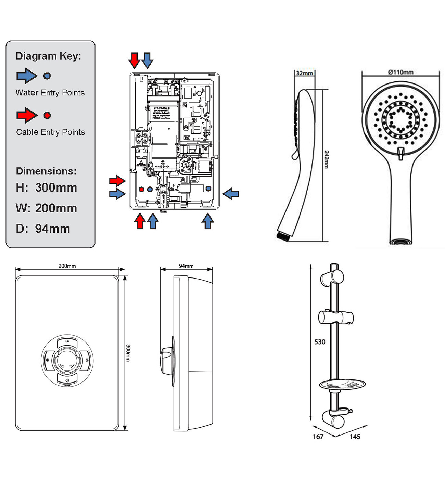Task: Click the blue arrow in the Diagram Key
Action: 27,76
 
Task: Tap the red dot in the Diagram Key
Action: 48,115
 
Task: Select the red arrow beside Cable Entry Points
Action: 27,115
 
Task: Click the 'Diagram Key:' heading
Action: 48,56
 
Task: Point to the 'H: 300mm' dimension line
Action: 46,187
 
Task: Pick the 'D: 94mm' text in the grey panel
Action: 43,229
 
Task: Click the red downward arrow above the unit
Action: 135,60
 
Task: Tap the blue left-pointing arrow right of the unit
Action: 231,194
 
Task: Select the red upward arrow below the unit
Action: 140,221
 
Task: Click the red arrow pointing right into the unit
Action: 117,181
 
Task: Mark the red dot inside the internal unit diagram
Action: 141,189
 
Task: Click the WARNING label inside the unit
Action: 162,108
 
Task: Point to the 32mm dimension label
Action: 304,73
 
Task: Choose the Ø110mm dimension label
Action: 400,72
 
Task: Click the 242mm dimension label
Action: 326,159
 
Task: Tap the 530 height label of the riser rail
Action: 320,342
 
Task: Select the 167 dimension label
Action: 318,437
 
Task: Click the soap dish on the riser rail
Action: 342,385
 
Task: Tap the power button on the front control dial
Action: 67,380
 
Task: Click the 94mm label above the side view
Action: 186,266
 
